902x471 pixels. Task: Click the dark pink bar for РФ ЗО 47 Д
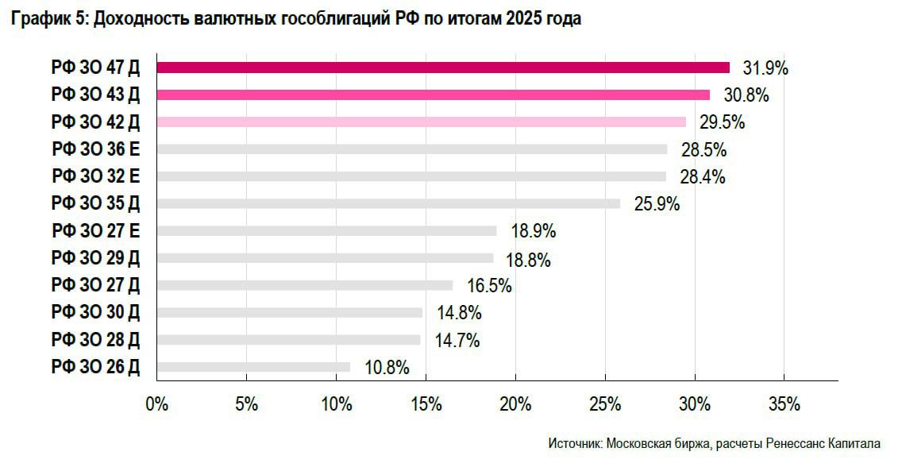(443, 68)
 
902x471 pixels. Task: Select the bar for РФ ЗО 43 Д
(433, 95)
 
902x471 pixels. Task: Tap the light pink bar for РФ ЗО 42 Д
(421, 122)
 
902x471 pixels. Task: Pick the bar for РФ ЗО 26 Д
(253, 367)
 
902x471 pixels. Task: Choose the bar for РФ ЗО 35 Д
(388, 203)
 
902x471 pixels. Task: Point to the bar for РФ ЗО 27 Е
(326, 231)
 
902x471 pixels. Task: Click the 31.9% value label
(765, 68)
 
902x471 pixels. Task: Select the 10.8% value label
(387, 368)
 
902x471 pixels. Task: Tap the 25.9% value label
(657, 204)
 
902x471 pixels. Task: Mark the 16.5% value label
(488, 286)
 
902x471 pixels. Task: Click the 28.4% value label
(702, 177)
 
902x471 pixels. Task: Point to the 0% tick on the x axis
(157, 404)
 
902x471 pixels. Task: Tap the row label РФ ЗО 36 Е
(95, 149)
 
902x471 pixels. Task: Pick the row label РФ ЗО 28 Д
(95, 340)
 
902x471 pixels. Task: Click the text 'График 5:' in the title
(48, 20)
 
